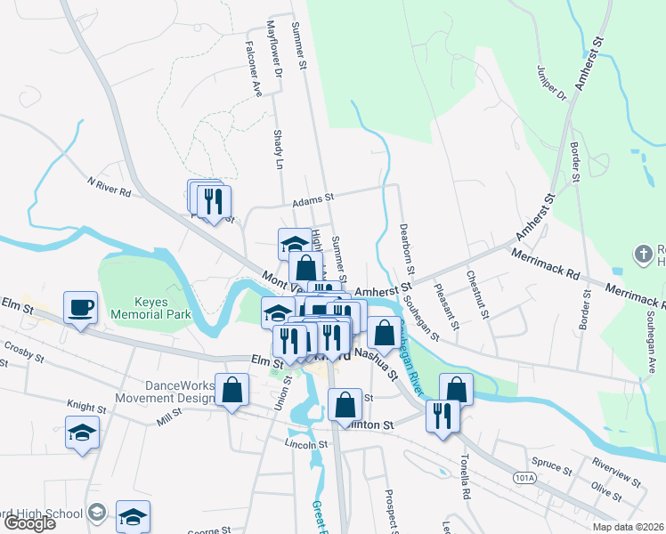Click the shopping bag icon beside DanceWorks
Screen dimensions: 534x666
tap(232, 390)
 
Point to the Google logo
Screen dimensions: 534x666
tap(29, 523)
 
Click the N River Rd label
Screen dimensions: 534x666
tap(109, 186)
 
